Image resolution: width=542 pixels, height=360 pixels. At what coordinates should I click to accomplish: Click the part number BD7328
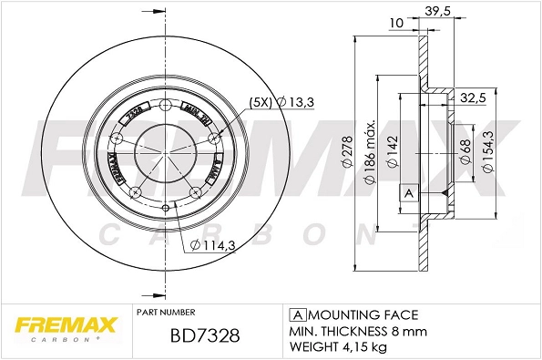205,335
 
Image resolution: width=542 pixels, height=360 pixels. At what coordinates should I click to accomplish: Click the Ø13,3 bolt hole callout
296,102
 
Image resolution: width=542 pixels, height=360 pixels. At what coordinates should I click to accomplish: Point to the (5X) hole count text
260,102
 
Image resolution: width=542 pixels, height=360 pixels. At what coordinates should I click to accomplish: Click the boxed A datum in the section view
408,194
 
